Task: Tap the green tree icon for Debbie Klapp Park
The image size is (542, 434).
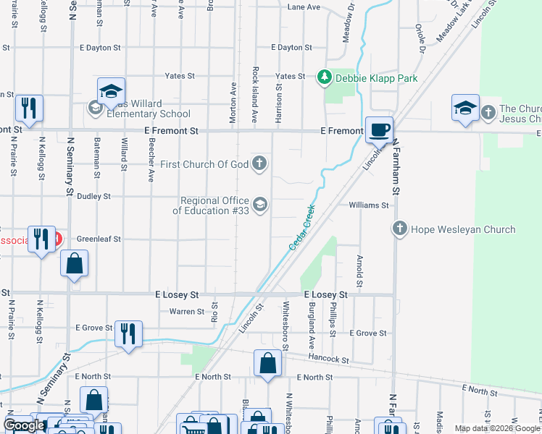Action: point(325,77)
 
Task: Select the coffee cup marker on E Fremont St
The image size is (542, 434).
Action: point(379,130)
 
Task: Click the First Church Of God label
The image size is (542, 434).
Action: point(204,165)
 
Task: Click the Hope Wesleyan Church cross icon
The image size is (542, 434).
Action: point(399,229)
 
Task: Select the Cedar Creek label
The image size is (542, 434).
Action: point(303,228)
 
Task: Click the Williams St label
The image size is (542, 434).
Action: point(369,205)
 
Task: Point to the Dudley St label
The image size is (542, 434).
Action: point(94,196)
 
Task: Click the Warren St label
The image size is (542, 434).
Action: point(187,312)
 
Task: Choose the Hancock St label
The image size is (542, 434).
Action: point(333,359)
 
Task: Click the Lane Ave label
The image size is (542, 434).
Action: point(304,7)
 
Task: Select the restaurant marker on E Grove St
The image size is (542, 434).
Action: point(128,334)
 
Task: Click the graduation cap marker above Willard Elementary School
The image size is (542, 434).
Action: point(111,91)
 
